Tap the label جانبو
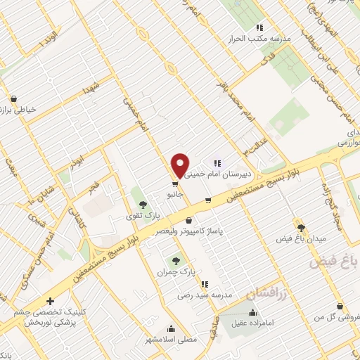[x=175, y=193]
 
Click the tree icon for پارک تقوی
[x=144, y=204]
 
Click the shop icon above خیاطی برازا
[x=14, y=99]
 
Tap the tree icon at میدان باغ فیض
[x=302, y=228]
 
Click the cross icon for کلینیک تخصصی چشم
[x=50, y=301]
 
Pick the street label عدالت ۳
[x=248, y=147]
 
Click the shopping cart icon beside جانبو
[x=175, y=184]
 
